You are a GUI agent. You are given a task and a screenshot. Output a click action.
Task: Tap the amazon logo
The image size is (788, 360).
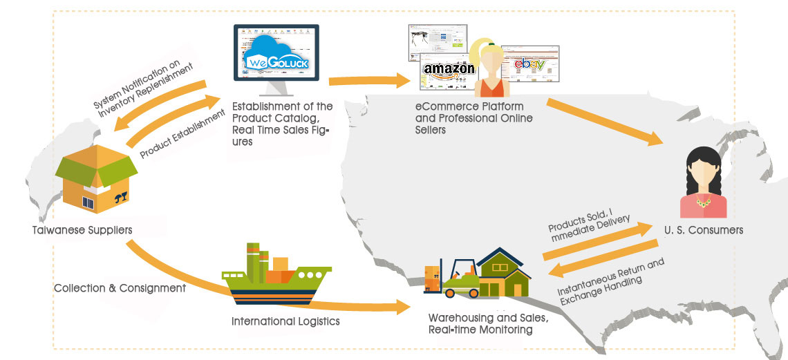tap(449, 68)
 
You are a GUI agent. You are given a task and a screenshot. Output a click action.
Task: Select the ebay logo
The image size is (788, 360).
tap(529, 65)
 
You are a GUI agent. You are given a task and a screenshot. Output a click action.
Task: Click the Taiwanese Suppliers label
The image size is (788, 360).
tap(82, 229)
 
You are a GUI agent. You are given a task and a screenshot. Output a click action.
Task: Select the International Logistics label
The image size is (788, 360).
tap(285, 321)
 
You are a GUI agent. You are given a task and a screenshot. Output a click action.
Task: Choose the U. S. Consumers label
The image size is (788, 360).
tap(703, 230)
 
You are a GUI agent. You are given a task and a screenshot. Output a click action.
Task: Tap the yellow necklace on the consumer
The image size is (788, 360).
tap(703, 202)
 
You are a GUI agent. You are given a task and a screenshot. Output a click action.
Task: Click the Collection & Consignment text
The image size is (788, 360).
tap(120, 288)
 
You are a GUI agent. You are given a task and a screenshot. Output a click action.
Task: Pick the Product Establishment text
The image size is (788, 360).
tap(183, 135)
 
